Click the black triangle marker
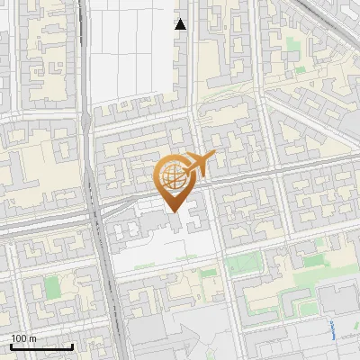181,24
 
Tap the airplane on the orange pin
197,164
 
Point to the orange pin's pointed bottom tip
175,211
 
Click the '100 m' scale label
23,338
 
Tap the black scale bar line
41,346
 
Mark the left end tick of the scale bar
11,345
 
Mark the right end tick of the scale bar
72,345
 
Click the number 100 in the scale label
19,338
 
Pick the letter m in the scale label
33,338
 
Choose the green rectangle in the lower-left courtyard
52,288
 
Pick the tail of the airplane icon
211,158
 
